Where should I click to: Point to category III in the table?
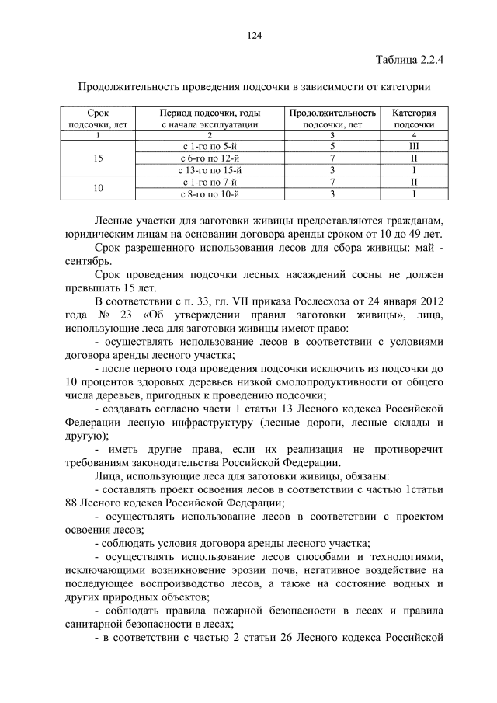pyautogui.click(x=414, y=145)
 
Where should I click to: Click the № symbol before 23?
pyautogui.click(x=104, y=315)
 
